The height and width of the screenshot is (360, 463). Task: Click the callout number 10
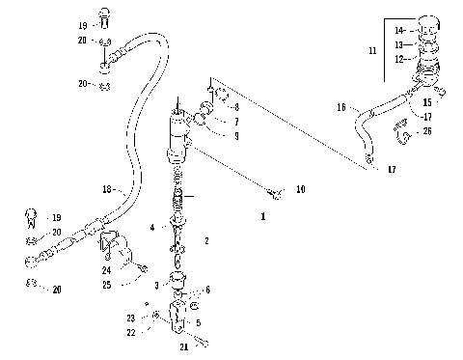coord(300,191)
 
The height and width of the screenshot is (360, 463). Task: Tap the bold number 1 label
coord(262,217)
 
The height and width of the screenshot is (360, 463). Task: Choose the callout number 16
coord(340,109)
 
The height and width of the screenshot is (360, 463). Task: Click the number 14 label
coord(400,31)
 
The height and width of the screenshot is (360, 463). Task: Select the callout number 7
coord(234,122)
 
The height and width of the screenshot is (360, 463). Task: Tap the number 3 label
coord(155,286)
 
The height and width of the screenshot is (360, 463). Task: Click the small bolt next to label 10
coord(278,193)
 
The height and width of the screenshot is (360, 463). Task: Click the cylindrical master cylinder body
coord(179,135)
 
